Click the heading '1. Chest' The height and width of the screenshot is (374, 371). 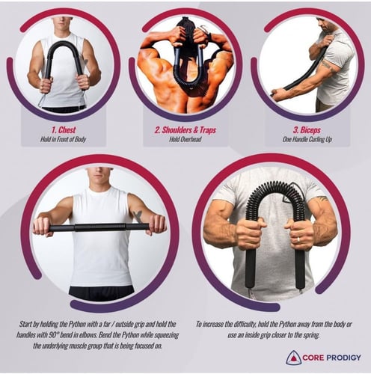[x=64, y=130]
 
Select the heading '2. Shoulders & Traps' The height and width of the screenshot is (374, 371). [x=185, y=130]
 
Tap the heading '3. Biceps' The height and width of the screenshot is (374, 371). [x=307, y=130]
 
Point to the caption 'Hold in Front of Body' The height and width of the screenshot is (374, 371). [x=64, y=139]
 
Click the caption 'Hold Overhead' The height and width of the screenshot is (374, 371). [x=185, y=139]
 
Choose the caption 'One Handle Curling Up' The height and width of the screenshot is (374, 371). [x=307, y=139]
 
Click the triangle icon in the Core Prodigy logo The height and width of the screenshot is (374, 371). [x=293, y=358]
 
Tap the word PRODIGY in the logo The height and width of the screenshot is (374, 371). [x=344, y=358]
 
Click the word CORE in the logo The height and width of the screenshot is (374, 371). [x=313, y=358]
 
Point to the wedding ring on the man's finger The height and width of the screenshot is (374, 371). [x=298, y=239]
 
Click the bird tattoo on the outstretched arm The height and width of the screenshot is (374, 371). [x=138, y=216]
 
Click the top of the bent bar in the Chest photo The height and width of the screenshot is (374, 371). [x=64, y=43]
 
